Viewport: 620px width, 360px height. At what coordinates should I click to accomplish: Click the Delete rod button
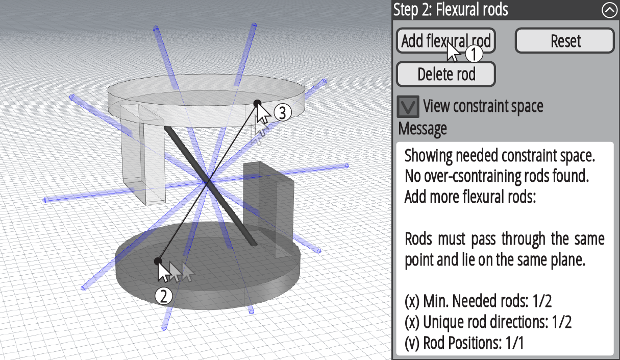(446, 75)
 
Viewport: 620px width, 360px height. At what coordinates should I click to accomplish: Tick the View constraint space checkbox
(408, 106)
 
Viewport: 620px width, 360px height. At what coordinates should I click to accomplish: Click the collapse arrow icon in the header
(609, 10)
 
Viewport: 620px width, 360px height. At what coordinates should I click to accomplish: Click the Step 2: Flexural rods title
(451, 10)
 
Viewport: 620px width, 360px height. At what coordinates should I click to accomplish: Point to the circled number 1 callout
(474, 53)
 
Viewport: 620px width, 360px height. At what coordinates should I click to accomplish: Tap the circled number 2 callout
(163, 296)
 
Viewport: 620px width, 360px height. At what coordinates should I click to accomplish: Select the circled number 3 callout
(283, 112)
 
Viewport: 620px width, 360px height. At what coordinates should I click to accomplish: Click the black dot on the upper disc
(258, 103)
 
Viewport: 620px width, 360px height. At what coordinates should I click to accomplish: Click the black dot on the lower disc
(158, 261)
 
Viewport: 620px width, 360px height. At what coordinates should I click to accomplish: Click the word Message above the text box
(423, 129)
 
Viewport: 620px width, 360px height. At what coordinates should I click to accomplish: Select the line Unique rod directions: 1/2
(488, 322)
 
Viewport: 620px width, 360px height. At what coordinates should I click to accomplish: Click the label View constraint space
(483, 106)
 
